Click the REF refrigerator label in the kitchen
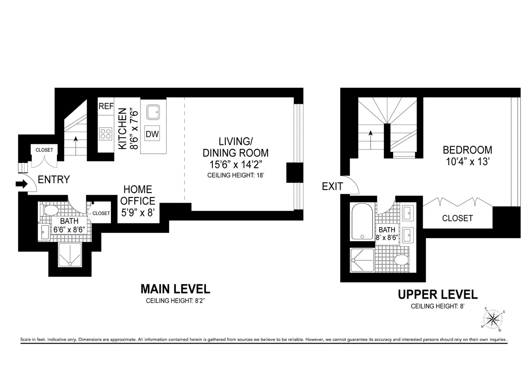point(106,106)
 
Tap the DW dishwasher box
point(152,134)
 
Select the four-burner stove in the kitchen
point(106,133)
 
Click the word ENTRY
point(53,180)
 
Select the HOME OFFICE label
point(137,195)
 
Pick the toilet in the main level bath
point(50,209)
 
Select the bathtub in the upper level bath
point(362,222)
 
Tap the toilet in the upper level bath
point(401,260)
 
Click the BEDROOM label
point(467,150)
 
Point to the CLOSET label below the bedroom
point(457,218)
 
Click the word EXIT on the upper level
point(332,186)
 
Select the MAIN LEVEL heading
point(175,289)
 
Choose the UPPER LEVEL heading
point(437,295)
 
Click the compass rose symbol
point(492,319)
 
